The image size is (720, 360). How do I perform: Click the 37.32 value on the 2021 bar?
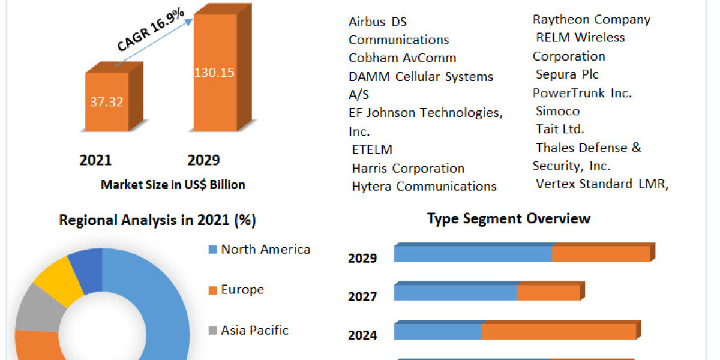pyautogui.click(x=107, y=102)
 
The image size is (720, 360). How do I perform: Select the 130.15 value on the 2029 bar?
pyautogui.click(x=214, y=73)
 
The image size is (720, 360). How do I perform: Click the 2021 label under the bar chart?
pyautogui.click(x=95, y=160)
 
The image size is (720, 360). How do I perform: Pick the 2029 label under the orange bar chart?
pyautogui.click(x=204, y=160)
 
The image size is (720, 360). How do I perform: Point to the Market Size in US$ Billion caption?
pyautogui.click(x=173, y=185)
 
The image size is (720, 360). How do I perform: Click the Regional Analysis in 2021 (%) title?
pyautogui.click(x=157, y=220)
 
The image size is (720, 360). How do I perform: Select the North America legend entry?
pyautogui.click(x=265, y=249)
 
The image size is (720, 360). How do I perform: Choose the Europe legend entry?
pyautogui.click(x=242, y=289)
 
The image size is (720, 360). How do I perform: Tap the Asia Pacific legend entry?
pyautogui.click(x=254, y=330)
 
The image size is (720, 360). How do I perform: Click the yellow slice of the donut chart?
pyautogui.click(x=59, y=278)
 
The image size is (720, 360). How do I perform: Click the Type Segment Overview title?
pyautogui.click(x=509, y=218)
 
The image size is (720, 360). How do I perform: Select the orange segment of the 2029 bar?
pyautogui.click(x=601, y=254)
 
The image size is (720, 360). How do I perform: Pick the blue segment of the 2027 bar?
pyautogui.click(x=455, y=293)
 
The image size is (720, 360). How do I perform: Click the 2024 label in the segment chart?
pyautogui.click(x=362, y=335)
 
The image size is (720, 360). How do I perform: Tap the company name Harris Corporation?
pyautogui.click(x=408, y=168)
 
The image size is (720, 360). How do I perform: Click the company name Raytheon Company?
pyautogui.click(x=591, y=19)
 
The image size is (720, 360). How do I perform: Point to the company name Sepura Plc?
pyautogui.click(x=567, y=74)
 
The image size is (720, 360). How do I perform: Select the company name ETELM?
pyautogui.click(x=372, y=149)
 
